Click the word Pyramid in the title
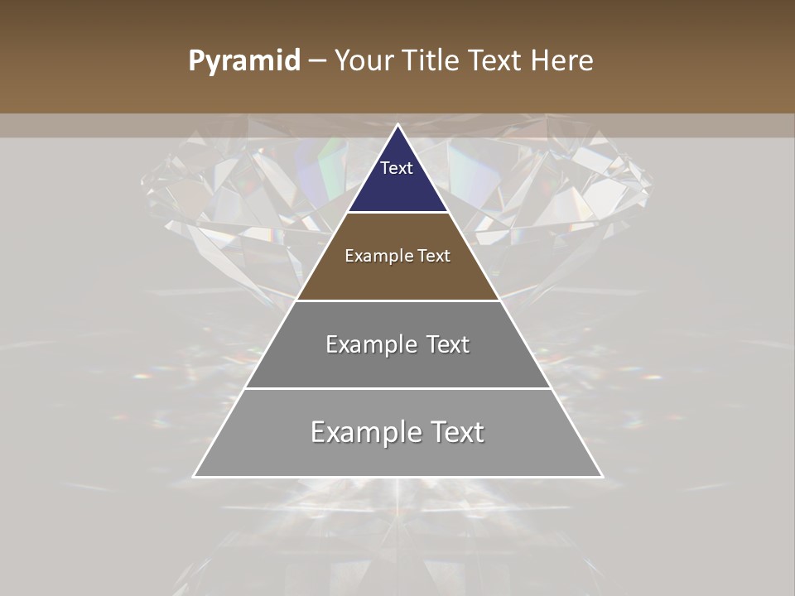(x=243, y=61)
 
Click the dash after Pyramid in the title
(x=317, y=61)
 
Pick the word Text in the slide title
(x=496, y=60)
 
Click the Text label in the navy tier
(x=397, y=168)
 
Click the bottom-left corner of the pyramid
(x=195, y=476)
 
